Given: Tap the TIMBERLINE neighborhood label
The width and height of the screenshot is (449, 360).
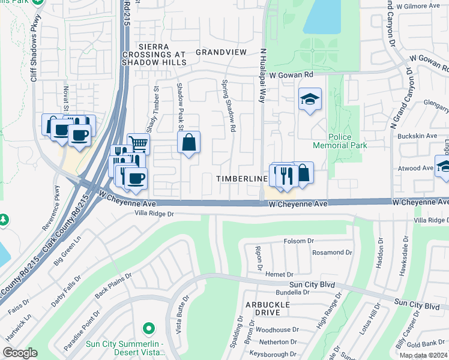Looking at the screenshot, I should (242, 179).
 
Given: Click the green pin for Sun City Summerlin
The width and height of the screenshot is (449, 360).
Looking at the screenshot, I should (148, 329).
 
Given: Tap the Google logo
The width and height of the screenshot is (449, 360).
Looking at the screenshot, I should (20, 353).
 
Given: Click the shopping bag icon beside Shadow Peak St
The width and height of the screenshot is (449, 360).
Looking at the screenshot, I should (188, 143).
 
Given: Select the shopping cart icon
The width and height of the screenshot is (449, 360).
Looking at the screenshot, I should (139, 143).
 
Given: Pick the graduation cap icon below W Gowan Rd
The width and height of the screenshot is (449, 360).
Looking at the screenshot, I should (310, 99).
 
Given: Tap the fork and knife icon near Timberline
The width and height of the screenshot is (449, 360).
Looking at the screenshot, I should (286, 175).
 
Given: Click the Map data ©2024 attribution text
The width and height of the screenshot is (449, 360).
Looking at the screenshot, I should (423, 355).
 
